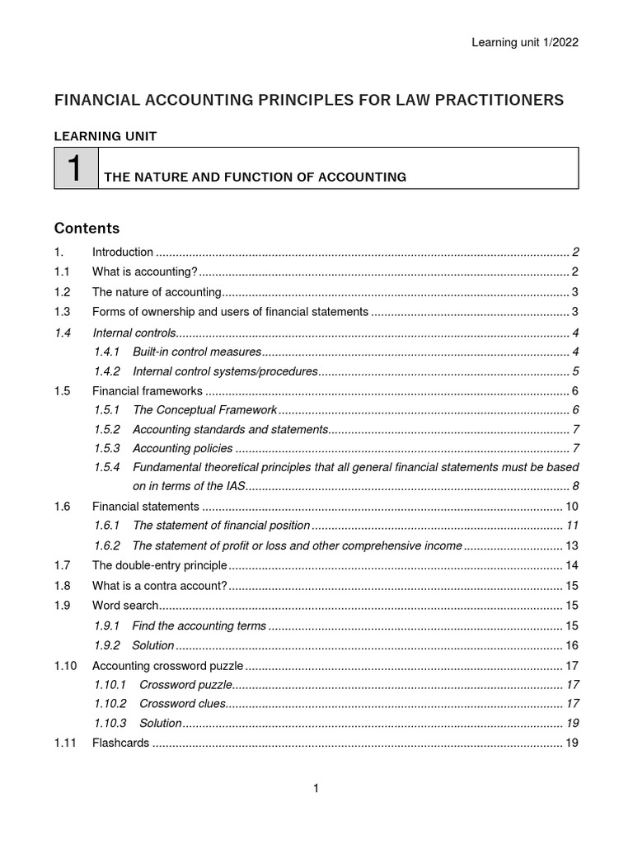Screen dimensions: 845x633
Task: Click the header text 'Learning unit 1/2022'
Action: (524, 43)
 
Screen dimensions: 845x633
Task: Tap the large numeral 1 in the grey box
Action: (76, 169)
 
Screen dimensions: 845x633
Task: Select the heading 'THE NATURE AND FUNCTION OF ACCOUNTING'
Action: (255, 177)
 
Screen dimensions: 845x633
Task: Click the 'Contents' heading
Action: (87, 229)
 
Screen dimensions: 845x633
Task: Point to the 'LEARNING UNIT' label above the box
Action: (105, 135)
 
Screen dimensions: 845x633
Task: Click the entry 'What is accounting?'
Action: (144, 271)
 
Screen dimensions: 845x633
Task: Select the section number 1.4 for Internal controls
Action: (63, 333)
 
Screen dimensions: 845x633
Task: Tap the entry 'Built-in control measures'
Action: (197, 352)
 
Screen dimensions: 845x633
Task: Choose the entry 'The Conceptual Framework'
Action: (204, 410)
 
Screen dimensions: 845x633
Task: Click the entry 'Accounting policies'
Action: (183, 449)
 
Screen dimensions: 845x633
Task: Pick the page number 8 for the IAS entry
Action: (575, 485)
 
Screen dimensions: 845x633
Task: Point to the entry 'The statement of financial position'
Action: (221, 526)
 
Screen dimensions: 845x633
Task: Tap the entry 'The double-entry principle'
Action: (159, 565)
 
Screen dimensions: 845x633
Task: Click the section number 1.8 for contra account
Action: (63, 586)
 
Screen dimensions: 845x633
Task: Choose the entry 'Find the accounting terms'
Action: (199, 625)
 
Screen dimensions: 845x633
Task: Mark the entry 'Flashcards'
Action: (120, 743)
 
